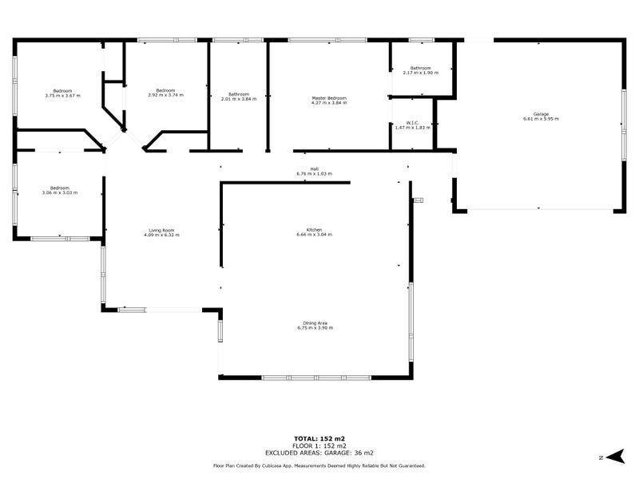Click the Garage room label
[x=541, y=114]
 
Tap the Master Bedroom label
[x=328, y=98]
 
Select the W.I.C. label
[x=411, y=122]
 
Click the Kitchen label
[x=313, y=230]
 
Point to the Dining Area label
[x=313, y=323]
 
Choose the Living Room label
[x=161, y=230]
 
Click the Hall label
[x=314, y=168]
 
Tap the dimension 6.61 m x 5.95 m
[x=541, y=119]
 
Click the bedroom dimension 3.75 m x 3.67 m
[x=63, y=95]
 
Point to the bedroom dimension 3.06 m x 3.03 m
[x=58, y=192]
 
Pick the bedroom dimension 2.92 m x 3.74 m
[x=166, y=95]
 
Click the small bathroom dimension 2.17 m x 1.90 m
[x=421, y=73]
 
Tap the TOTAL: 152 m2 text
[x=319, y=438]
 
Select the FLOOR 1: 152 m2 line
[x=319, y=445]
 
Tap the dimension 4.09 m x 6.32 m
[x=161, y=235]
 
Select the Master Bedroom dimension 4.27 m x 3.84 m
[x=328, y=103]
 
